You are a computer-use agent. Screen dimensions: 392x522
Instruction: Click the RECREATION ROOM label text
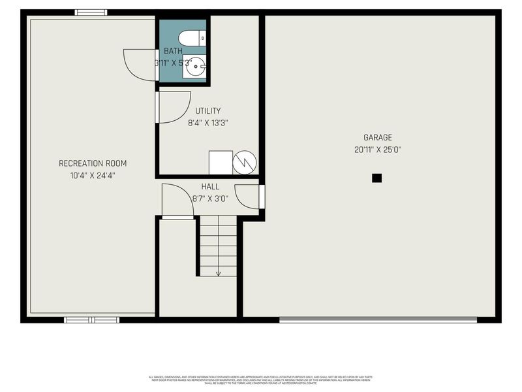point(93,163)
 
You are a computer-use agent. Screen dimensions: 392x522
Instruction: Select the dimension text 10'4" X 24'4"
point(93,175)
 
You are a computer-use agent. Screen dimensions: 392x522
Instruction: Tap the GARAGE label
point(378,137)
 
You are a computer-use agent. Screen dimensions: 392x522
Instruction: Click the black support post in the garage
point(376,178)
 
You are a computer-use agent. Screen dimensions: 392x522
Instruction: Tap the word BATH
point(173,51)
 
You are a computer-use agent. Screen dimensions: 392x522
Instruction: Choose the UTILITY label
point(208,110)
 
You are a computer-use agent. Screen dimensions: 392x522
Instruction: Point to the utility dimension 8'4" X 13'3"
point(208,122)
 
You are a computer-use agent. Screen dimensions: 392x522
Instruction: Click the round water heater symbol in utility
point(245,162)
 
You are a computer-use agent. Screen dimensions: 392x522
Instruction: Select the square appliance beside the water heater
point(221,162)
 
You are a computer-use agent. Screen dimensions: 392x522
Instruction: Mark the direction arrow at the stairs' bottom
point(218,273)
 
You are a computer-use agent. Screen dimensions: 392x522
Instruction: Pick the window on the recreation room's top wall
point(91,12)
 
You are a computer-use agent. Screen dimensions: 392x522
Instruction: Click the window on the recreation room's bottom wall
point(91,319)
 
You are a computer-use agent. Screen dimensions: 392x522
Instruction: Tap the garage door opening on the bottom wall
point(378,319)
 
